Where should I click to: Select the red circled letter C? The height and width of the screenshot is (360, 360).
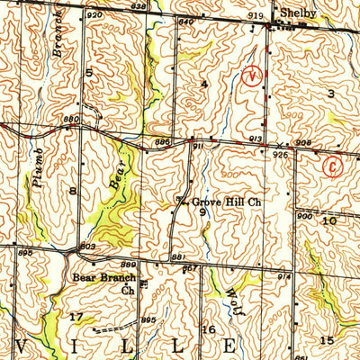(333, 166)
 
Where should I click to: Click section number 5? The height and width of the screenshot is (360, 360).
(89, 71)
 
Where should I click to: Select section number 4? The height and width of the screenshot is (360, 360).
(204, 84)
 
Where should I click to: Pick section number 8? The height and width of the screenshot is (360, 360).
(71, 192)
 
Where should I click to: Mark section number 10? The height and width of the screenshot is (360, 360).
(329, 220)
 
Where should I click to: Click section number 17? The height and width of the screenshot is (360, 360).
(76, 316)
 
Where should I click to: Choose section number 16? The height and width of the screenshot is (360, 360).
(209, 329)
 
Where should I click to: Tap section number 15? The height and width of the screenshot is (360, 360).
(328, 338)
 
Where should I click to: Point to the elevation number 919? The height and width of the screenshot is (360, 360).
(256, 16)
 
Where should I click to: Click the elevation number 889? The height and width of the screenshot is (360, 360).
(130, 264)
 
